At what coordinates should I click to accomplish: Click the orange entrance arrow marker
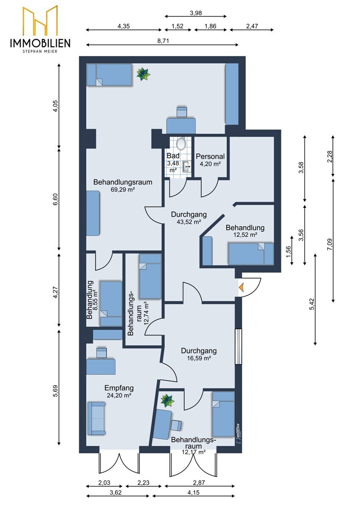click(241, 288)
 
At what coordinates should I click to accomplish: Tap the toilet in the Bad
click(181, 143)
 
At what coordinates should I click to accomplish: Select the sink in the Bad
click(187, 167)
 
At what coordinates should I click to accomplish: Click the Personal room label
click(210, 157)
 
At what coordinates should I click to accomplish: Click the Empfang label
click(119, 388)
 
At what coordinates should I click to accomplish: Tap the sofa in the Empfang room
click(97, 418)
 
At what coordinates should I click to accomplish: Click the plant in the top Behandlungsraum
click(143, 74)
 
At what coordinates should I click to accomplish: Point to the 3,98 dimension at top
click(196, 13)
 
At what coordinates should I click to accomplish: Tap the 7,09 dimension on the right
click(330, 244)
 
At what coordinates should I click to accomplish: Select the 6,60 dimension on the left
click(56, 199)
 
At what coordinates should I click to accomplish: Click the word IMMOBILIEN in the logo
click(40, 43)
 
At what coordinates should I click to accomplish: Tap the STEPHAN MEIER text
click(40, 52)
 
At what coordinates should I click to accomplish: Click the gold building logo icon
click(40, 20)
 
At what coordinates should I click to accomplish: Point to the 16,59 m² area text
click(199, 358)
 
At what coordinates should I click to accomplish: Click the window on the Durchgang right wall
click(238, 347)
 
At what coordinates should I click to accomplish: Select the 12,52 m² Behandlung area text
click(245, 235)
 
